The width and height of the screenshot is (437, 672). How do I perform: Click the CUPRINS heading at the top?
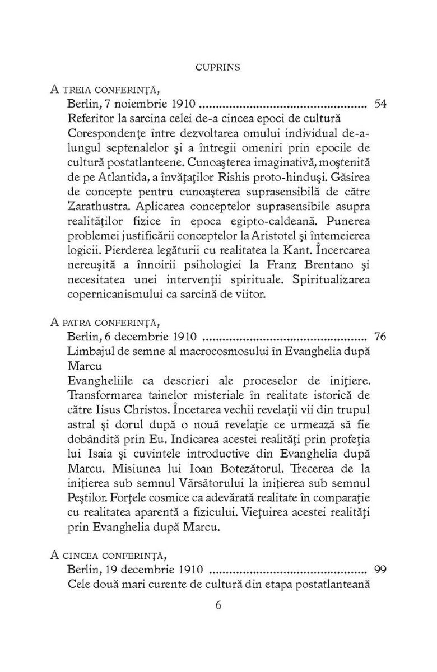(218, 67)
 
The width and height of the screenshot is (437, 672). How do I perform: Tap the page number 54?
(380, 104)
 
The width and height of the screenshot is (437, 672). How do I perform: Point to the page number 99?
(380, 570)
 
